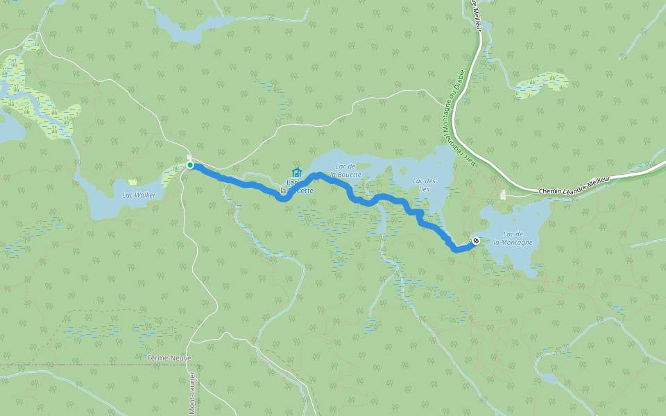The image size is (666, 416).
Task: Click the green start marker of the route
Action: (x=189, y=165)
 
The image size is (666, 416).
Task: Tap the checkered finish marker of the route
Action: (x=476, y=241)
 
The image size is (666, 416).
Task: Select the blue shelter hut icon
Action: (x=297, y=172)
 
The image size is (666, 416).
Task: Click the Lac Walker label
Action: (x=139, y=195)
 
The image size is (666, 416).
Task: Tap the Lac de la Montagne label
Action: (x=513, y=238)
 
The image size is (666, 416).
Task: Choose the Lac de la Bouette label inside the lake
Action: (x=345, y=170)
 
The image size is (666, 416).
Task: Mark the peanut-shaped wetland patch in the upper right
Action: (x=542, y=84)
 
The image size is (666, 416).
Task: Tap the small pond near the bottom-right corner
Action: (x=549, y=379)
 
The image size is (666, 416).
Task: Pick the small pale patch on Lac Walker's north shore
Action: (x=132, y=182)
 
